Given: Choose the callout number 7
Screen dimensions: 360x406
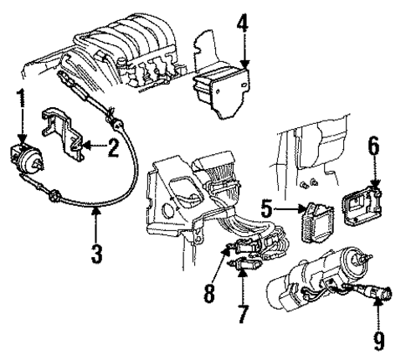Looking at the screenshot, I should (242, 315).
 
